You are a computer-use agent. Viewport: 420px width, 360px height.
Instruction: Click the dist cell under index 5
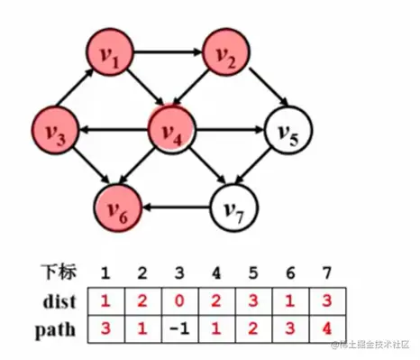point(255,297)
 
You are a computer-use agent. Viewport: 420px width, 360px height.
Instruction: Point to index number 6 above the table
point(295,272)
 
